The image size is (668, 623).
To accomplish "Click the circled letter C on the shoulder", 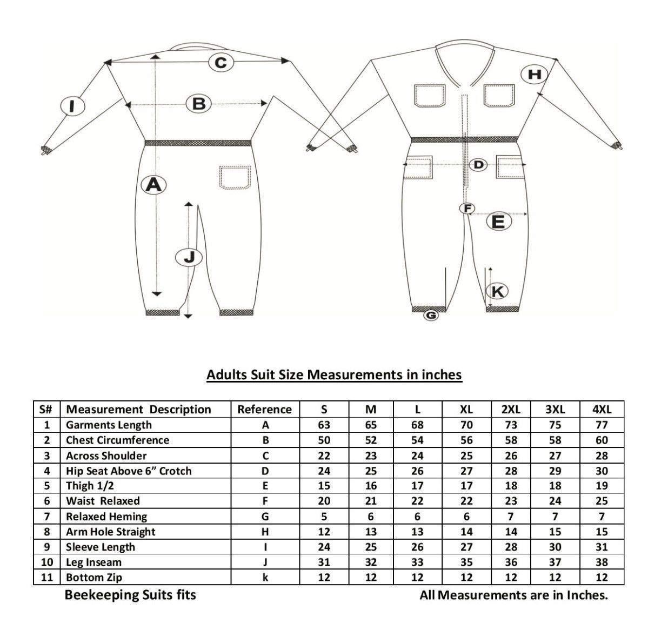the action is pyautogui.click(x=221, y=63).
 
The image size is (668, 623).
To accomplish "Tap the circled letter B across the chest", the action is pyautogui.click(x=198, y=104).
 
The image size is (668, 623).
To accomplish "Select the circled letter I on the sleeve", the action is pyautogui.click(x=72, y=106).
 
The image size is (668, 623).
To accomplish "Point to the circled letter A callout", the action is pyautogui.click(x=153, y=185).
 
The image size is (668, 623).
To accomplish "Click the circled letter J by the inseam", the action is pyautogui.click(x=189, y=258).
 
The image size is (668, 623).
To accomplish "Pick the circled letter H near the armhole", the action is pyautogui.click(x=534, y=74).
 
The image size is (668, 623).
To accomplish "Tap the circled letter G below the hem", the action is pyautogui.click(x=431, y=316).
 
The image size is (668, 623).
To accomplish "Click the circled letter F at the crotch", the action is pyautogui.click(x=467, y=209).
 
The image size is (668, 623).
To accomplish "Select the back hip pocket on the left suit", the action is pyautogui.click(x=235, y=177).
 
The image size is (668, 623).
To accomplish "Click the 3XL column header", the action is pyautogui.click(x=555, y=410).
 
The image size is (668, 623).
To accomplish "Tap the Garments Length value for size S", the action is pyautogui.click(x=324, y=425).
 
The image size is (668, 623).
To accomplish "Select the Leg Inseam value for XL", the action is pyautogui.click(x=466, y=562).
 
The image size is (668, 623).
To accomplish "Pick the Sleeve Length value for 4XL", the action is pyautogui.click(x=602, y=547).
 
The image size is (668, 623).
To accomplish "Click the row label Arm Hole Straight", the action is pyautogui.click(x=111, y=532).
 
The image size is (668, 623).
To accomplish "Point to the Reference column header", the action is pyautogui.click(x=265, y=410).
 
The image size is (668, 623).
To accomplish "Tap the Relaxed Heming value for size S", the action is pyautogui.click(x=324, y=517).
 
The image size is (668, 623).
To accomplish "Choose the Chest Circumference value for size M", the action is pyautogui.click(x=371, y=440).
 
